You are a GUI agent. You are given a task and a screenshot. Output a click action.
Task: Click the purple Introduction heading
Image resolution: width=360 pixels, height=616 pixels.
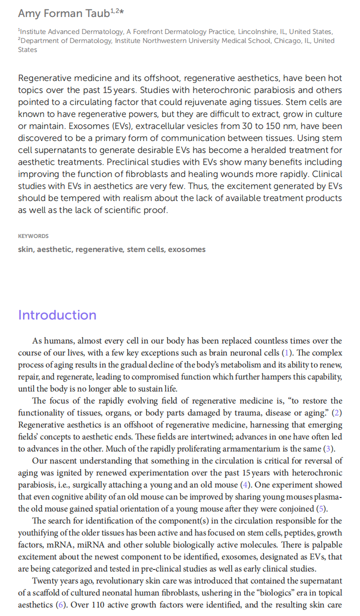57,315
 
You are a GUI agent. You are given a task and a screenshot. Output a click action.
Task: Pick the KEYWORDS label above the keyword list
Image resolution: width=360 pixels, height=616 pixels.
33,236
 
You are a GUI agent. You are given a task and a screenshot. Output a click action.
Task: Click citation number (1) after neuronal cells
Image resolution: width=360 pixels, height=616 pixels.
286,353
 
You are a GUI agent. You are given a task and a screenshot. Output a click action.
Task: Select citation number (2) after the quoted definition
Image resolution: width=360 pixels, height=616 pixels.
337,413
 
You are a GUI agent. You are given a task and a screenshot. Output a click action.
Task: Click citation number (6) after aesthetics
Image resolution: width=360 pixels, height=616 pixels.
60,605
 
